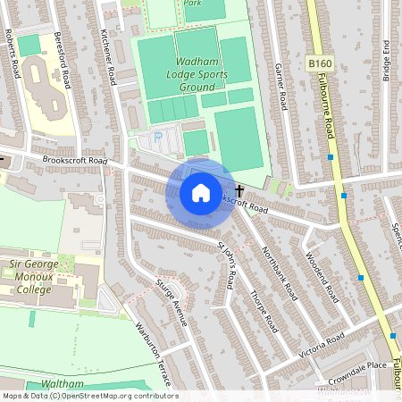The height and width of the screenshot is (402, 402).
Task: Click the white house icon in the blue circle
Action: point(200,192)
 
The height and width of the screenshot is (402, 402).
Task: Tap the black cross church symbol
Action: point(239,190)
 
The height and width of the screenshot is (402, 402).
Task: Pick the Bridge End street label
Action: point(386,62)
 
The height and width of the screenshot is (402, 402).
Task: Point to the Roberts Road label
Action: point(12,52)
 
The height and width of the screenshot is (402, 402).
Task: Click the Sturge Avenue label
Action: point(171,301)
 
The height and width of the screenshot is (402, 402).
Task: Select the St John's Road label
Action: point(226,264)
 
